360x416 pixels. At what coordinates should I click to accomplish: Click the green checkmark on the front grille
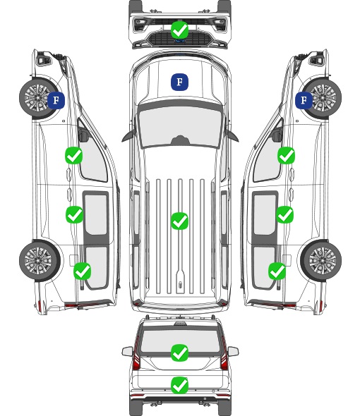(x=179, y=30)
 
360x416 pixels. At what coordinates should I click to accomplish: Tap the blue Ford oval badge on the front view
(x=179, y=41)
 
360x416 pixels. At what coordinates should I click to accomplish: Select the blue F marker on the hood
(x=179, y=82)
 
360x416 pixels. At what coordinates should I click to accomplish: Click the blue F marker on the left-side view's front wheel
(x=56, y=100)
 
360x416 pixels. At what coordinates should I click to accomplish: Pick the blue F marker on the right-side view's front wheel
(x=304, y=100)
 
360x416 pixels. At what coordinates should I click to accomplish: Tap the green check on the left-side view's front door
(x=73, y=155)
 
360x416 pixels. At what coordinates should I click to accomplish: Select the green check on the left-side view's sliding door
(x=74, y=214)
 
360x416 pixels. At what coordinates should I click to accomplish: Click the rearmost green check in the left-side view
(x=82, y=271)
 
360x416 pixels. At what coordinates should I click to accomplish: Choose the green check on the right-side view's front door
(x=286, y=155)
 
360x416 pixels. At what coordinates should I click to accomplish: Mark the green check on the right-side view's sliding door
(x=284, y=214)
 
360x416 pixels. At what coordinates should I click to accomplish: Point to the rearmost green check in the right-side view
(x=277, y=271)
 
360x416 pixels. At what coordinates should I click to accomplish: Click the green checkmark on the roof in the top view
(x=179, y=221)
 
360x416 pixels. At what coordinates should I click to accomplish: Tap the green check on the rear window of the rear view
(x=179, y=353)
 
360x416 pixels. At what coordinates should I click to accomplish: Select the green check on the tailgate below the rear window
(x=179, y=385)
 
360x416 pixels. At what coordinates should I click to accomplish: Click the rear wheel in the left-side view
(x=40, y=261)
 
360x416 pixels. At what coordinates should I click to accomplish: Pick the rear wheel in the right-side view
(x=321, y=261)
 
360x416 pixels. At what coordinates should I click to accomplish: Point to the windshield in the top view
(x=180, y=127)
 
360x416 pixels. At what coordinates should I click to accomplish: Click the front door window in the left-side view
(x=92, y=154)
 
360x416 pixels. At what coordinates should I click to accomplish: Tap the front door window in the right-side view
(x=268, y=154)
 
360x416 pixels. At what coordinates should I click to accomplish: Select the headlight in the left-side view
(x=44, y=59)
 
